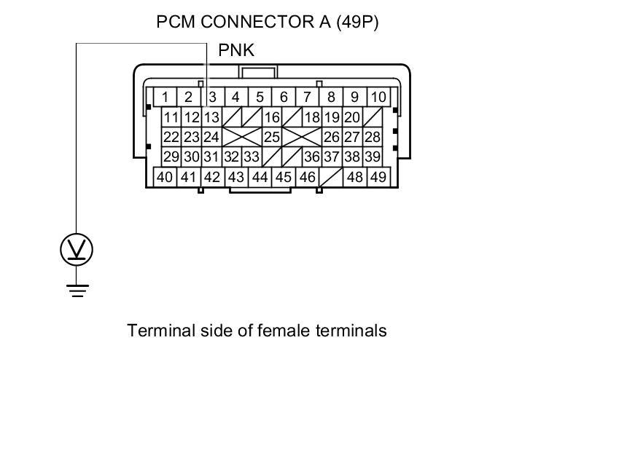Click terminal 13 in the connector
click(x=211, y=117)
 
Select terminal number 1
click(x=165, y=97)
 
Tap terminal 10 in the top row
click(x=378, y=97)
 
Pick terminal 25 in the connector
click(x=272, y=136)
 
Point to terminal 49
click(x=378, y=177)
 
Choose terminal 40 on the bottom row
click(x=165, y=177)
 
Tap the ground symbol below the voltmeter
click(x=77, y=290)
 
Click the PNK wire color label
click(x=236, y=50)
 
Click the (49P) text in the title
click(x=357, y=22)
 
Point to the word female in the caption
click(x=284, y=331)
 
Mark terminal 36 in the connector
click(x=312, y=157)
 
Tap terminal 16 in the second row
click(x=272, y=117)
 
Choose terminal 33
click(x=252, y=157)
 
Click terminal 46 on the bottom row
click(x=307, y=177)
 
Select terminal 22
click(x=171, y=136)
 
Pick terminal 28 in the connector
click(x=373, y=136)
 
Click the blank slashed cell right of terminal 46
click(x=331, y=177)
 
